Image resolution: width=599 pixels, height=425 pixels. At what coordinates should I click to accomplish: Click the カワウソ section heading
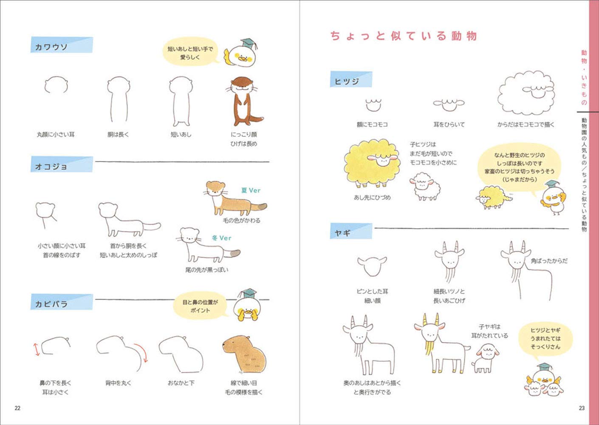(x=52, y=47)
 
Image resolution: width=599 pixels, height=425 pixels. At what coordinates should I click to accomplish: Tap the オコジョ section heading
(x=51, y=167)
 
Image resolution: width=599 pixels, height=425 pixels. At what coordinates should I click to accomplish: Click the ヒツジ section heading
(x=347, y=81)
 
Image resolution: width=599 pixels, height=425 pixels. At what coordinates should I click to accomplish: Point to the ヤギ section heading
(x=342, y=233)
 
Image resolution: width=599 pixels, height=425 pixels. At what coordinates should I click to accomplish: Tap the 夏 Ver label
(x=251, y=190)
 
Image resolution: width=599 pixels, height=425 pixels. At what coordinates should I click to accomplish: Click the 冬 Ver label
(x=222, y=238)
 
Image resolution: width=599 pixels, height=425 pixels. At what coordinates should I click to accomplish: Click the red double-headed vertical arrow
(x=37, y=347)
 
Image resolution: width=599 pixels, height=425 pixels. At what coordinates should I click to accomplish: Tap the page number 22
(x=17, y=408)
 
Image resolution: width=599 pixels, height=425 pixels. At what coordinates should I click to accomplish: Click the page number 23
(x=582, y=408)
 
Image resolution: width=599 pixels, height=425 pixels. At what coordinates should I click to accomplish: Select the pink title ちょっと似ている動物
(x=404, y=36)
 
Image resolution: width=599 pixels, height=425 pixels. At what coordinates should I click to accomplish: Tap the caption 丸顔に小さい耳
(x=56, y=134)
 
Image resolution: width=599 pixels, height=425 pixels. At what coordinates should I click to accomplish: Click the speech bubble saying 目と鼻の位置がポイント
(x=200, y=306)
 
